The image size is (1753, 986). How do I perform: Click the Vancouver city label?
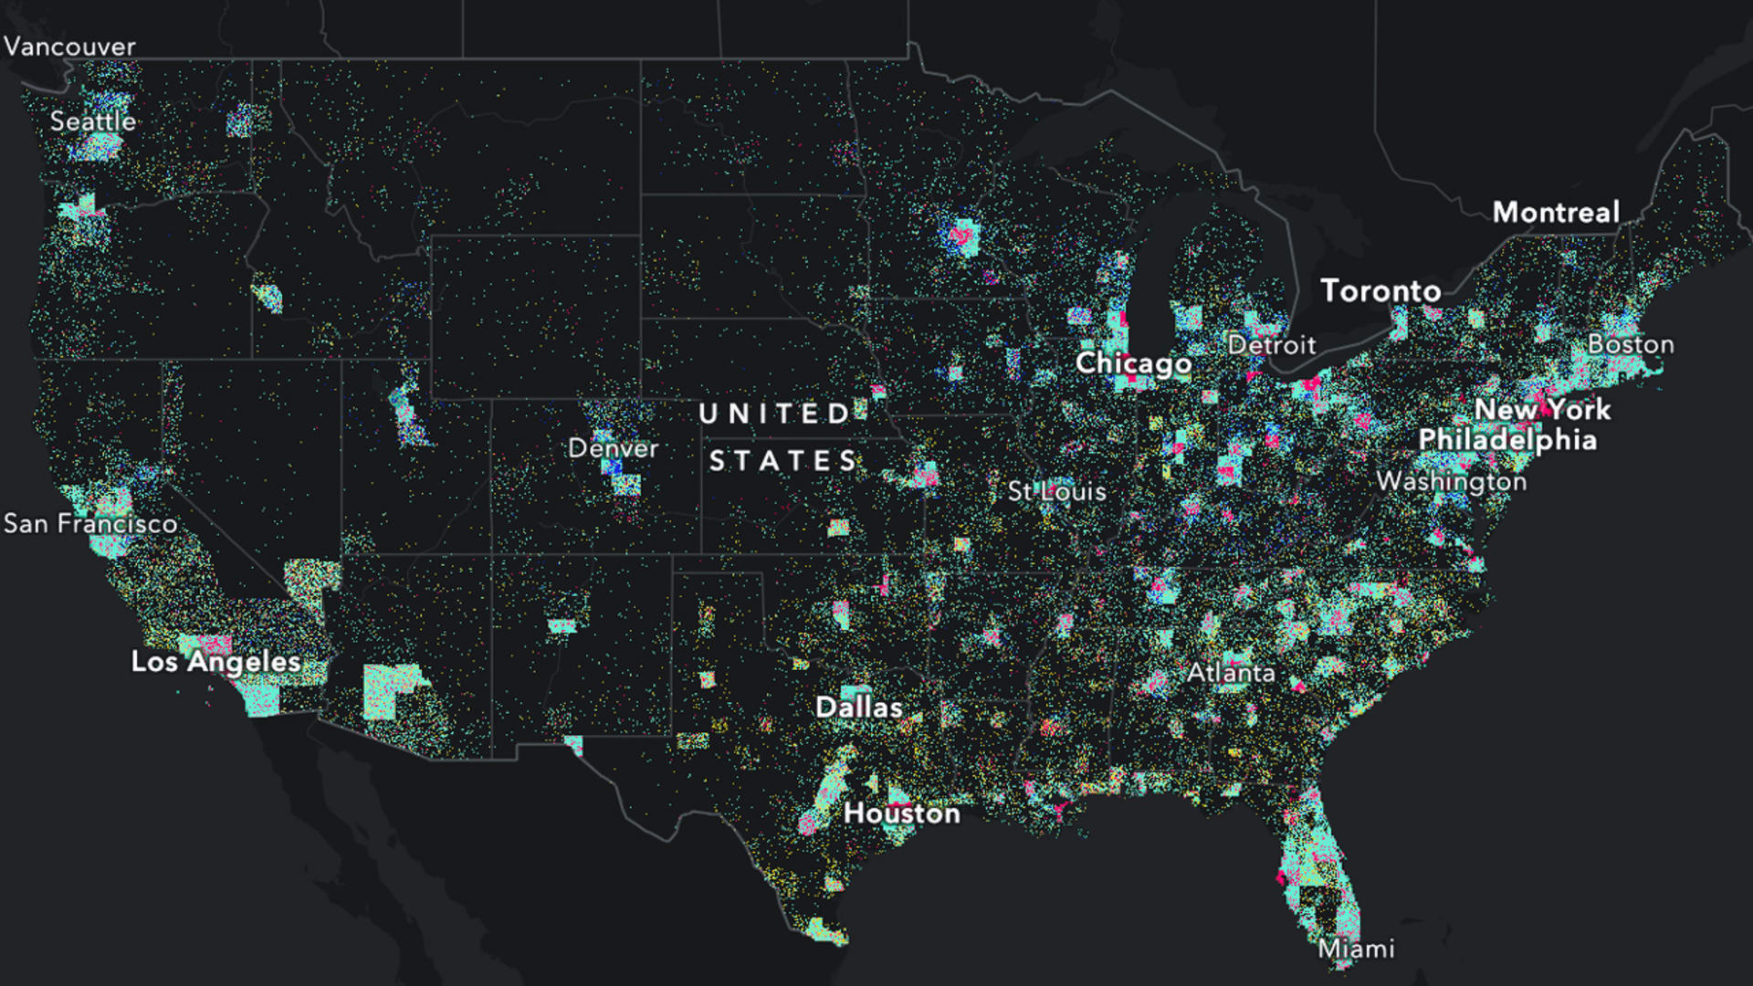[69, 47]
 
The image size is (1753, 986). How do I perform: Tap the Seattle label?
[92, 121]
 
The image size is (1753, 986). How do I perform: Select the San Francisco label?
[90, 524]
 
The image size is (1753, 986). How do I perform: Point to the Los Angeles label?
[215, 662]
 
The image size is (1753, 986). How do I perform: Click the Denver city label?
[613, 448]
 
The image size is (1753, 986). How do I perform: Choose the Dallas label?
[858, 708]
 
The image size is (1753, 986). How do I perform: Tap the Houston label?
[901, 813]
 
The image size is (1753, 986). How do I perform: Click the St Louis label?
[1056, 492]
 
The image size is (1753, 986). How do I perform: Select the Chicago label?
[1133, 363]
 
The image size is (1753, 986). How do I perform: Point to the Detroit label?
[1271, 345]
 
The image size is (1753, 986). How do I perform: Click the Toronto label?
[1380, 291]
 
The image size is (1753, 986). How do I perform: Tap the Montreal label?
[1556, 213]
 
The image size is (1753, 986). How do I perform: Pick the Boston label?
[1631, 344]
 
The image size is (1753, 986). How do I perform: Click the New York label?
[1542, 410]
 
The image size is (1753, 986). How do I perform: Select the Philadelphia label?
[1507, 440]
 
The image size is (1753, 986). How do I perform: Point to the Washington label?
[1451, 481]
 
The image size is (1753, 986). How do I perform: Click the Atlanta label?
[1231, 674]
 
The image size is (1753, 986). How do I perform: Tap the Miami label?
[1356, 949]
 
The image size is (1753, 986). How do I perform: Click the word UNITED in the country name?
[775, 414]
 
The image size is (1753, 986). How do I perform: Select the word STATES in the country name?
[783, 462]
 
